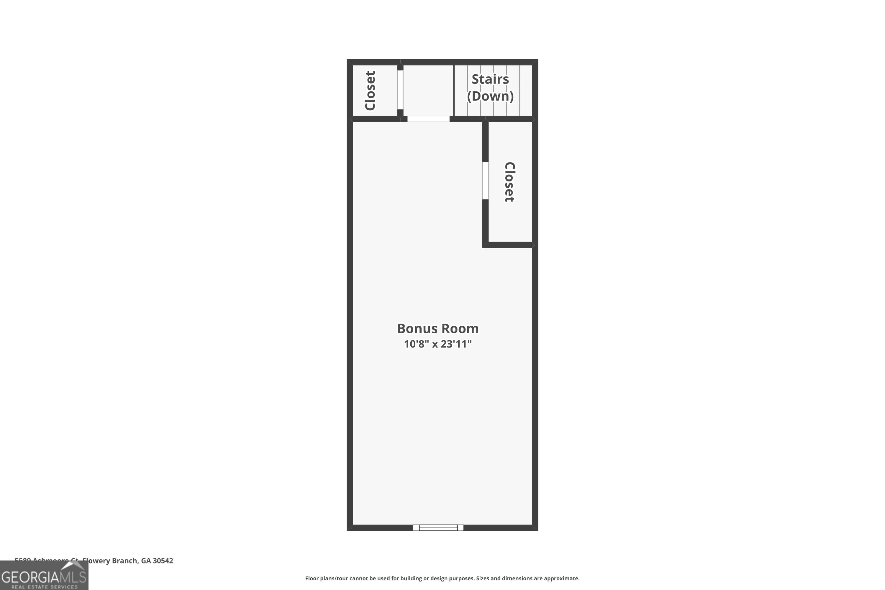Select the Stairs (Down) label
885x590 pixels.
[490, 87]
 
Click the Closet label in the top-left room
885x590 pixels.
[370, 91]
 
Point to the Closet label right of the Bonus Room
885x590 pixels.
[509, 182]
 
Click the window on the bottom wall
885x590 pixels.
[438, 527]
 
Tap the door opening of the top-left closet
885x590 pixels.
[400, 90]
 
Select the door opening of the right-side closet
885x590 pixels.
[485, 180]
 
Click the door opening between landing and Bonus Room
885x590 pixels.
[428, 119]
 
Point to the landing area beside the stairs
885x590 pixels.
[428, 90]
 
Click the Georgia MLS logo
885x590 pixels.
[44, 575]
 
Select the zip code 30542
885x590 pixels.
[163, 561]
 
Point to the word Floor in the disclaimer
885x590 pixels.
[312, 578]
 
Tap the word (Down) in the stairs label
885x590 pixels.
[490, 96]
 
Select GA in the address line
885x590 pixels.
[146, 561]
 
